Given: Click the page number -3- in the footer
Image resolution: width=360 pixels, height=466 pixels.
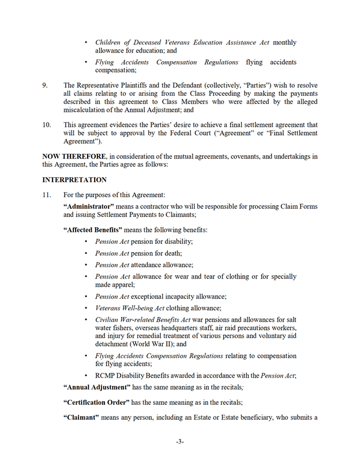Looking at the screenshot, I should (179, 442).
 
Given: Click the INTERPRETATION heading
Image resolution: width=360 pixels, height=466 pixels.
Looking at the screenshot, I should (74, 180).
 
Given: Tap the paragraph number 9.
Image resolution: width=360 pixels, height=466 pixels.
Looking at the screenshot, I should (45, 85).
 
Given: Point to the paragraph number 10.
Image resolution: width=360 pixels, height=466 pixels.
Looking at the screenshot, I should (47, 125).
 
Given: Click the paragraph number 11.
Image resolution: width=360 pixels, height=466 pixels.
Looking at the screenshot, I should (47, 195).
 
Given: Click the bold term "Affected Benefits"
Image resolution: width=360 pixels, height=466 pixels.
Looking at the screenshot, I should (92, 230).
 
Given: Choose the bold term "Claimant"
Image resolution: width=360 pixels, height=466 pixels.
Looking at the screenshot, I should (81, 418).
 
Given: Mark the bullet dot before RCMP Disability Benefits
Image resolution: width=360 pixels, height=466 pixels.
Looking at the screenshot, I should (87, 376).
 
